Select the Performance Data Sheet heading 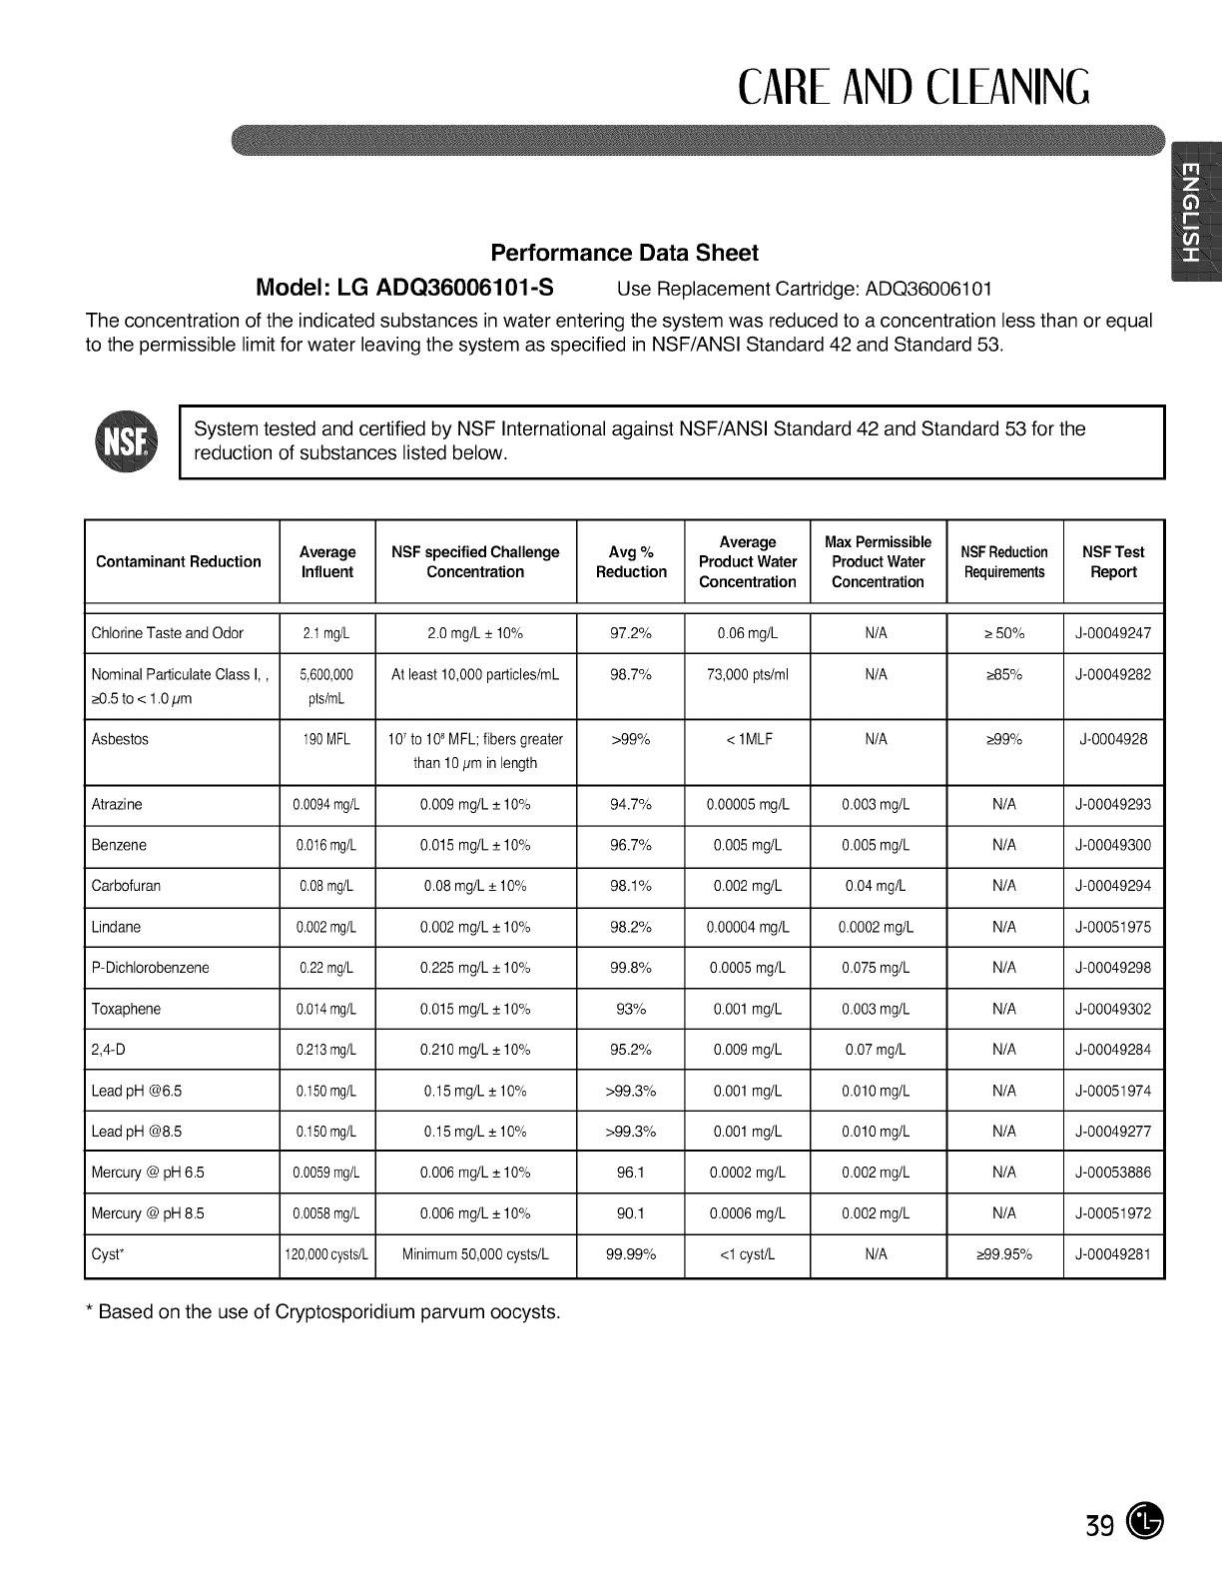[624, 253]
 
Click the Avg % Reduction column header [631, 562]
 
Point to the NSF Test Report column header [1113, 562]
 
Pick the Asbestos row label [120, 740]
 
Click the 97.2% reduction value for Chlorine [630, 633]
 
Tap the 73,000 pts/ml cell [747, 675]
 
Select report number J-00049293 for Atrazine [1113, 805]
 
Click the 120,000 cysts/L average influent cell [327, 1255]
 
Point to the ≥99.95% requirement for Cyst [1003, 1255]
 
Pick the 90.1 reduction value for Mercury [630, 1214]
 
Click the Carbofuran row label [126, 887]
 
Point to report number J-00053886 [1113, 1174]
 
